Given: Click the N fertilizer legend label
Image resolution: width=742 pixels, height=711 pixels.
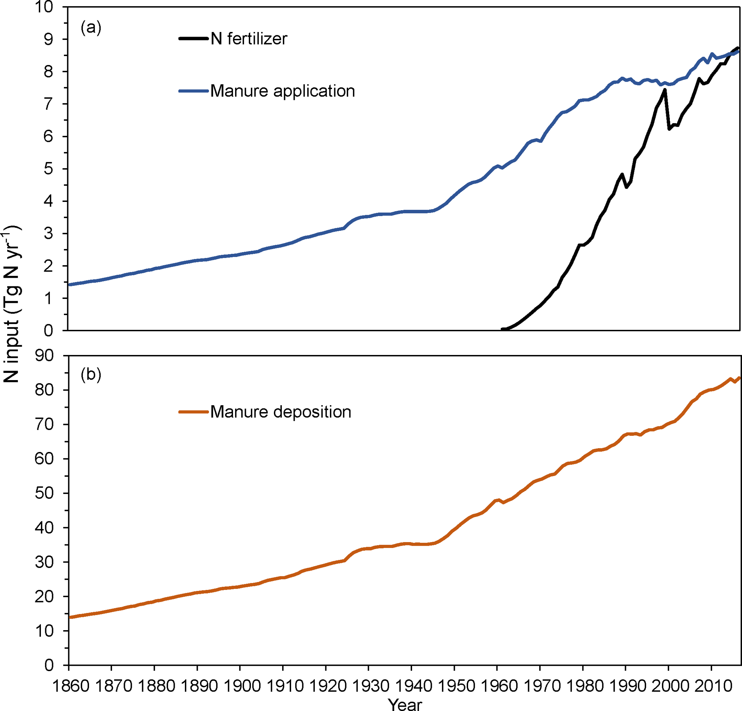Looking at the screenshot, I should (x=249, y=39).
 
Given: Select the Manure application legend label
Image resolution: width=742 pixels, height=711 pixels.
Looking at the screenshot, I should (x=283, y=91).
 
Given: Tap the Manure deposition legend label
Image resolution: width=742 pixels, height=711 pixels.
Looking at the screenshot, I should (x=280, y=412).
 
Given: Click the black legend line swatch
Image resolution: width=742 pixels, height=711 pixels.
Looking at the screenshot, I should (x=193, y=39).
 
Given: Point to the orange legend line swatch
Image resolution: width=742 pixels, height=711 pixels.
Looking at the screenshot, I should (x=193, y=412).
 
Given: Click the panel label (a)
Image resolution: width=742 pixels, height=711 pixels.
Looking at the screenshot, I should (x=91, y=28).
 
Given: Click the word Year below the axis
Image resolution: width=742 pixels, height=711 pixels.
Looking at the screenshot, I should (x=405, y=704).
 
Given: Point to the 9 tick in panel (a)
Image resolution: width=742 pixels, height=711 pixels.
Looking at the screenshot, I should (x=48, y=40).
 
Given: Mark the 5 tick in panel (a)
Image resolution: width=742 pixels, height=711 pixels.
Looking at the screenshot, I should (x=48, y=169).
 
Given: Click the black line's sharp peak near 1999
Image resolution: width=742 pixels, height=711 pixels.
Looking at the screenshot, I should (x=665, y=89).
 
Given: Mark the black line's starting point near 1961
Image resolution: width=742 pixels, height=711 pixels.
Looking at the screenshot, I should (x=502, y=329).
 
